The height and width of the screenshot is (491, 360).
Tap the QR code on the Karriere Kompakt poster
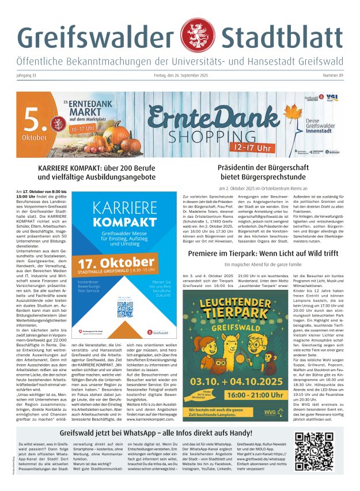(125, 310)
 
